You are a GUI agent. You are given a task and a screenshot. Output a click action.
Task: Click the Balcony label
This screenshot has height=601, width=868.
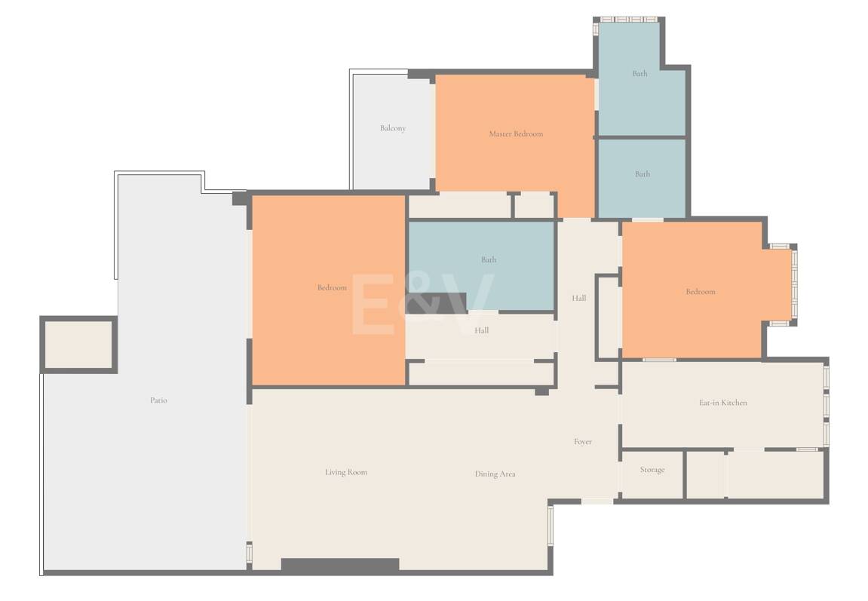tap(392, 128)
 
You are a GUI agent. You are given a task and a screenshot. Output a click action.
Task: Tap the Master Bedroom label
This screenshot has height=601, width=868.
tap(516, 133)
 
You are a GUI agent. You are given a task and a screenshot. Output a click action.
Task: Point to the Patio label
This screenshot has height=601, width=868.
tap(158, 400)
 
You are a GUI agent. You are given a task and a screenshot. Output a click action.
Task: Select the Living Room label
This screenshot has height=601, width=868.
tap(346, 472)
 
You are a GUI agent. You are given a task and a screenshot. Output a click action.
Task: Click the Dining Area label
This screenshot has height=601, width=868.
tap(495, 474)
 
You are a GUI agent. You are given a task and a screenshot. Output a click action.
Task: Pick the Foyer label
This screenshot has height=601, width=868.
tap(582, 442)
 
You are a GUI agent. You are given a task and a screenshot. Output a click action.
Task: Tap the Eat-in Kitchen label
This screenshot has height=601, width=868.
tap(723, 403)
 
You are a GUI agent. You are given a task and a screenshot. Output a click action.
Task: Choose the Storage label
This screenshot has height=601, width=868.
tap(652, 469)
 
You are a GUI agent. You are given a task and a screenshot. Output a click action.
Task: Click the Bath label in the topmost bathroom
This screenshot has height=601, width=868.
tap(640, 73)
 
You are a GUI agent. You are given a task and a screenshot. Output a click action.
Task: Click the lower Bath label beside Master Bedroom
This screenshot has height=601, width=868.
tap(643, 173)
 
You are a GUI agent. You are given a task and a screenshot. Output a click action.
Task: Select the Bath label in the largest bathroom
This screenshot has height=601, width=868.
tap(488, 259)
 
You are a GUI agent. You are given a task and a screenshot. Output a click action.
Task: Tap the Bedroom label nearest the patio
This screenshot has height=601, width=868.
tap(332, 287)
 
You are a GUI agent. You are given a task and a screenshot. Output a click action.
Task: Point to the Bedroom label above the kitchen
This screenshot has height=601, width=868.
tap(701, 291)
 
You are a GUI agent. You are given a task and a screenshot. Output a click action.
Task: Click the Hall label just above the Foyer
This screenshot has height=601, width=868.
tap(579, 298)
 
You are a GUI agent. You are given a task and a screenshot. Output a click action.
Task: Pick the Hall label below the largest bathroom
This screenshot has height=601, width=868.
tap(481, 330)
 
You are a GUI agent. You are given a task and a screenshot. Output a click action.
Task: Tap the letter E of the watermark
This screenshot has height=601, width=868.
tap(373, 305)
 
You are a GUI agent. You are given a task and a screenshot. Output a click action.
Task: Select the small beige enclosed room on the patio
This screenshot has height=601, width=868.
tap(78, 344)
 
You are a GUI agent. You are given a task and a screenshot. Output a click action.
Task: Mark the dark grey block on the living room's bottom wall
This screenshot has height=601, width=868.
tap(340, 566)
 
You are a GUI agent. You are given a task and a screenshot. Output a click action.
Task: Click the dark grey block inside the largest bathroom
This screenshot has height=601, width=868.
tap(437, 303)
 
